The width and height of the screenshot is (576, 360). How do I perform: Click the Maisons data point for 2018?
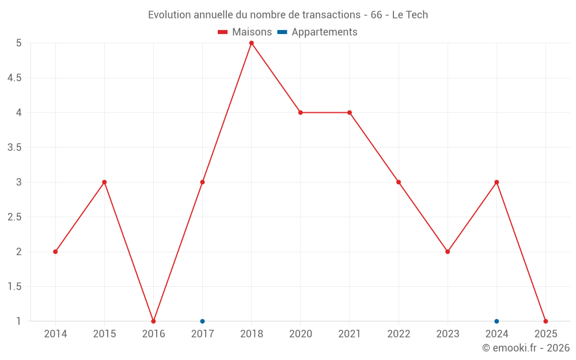click(252, 43)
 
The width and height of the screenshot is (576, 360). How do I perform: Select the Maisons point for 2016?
click(153, 321)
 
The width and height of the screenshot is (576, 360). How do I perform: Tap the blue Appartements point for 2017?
click(202, 321)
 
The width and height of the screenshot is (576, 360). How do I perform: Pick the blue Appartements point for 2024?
click(497, 321)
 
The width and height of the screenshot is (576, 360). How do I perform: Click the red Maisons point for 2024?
click(497, 182)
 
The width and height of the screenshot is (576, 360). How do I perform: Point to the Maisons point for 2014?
click(55, 252)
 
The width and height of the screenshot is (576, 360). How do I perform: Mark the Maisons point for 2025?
click(545, 321)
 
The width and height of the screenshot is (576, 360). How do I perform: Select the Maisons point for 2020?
click(301, 112)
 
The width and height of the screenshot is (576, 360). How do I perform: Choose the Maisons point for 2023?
click(448, 252)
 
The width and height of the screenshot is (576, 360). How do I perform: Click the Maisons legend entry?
click(245, 32)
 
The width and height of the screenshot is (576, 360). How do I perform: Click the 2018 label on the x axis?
click(252, 334)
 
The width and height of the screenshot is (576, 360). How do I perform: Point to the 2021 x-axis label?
click(350, 334)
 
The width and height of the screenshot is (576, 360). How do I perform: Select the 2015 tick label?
click(104, 334)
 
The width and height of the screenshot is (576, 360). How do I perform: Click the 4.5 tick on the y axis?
click(14, 78)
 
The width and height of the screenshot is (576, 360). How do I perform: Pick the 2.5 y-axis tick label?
click(14, 217)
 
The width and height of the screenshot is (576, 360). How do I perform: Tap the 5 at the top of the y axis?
click(19, 43)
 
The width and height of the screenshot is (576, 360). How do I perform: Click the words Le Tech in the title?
click(410, 15)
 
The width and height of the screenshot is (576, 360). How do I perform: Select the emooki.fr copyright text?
click(526, 348)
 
